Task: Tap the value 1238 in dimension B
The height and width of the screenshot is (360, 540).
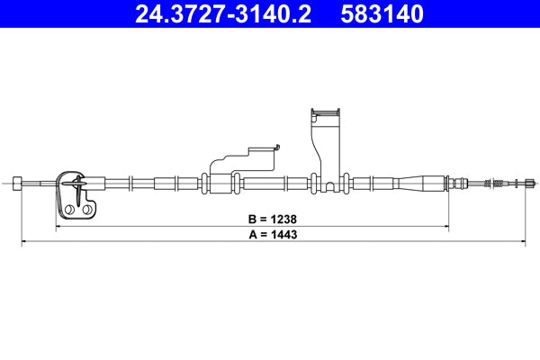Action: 282,219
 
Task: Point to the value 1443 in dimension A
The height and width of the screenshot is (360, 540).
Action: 282,234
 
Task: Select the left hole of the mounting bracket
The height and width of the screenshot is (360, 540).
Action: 68,211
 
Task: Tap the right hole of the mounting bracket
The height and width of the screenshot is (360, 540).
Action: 91,211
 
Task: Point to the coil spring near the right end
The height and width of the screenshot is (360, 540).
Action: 494,184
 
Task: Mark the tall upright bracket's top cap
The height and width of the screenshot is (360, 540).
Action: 326,112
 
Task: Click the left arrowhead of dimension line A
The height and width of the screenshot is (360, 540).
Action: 22,242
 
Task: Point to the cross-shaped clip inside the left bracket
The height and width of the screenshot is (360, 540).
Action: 79,188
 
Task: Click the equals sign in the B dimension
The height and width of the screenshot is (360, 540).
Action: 262,219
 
